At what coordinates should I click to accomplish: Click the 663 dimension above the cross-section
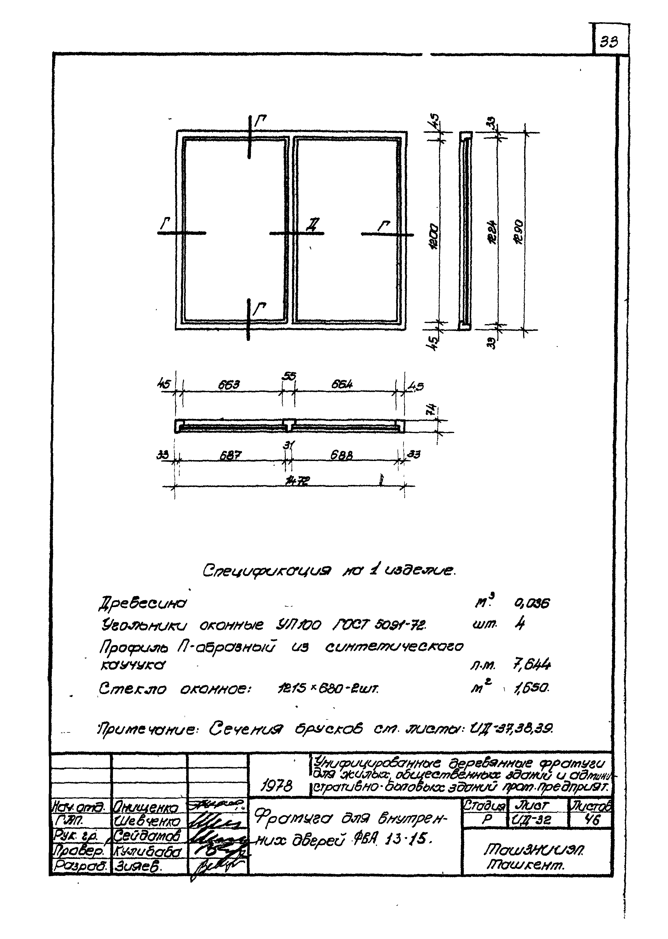229,386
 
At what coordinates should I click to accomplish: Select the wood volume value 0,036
532,604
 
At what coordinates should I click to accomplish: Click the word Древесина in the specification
142,604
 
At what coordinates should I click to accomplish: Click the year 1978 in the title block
277,787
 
